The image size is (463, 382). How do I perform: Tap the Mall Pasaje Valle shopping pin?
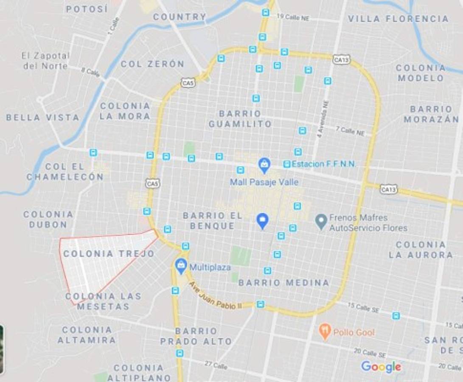click(x=264, y=165)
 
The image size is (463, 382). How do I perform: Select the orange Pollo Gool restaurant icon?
click(x=325, y=331)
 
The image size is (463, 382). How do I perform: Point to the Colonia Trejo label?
click(x=109, y=254)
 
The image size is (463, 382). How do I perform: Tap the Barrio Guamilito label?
click(x=240, y=119)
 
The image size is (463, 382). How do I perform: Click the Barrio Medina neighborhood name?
click(x=283, y=283)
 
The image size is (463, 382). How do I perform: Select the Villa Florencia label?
click(x=398, y=19)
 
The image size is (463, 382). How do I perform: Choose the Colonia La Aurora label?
click(x=421, y=250)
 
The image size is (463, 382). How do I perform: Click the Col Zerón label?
click(x=152, y=64)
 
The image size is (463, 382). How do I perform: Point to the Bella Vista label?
click(x=43, y=118)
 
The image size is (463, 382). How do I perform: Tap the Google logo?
click(x=381, y=366)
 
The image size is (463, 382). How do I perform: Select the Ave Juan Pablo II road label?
click(x=215, y=297)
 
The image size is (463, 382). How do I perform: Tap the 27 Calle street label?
click(x=216, y=365)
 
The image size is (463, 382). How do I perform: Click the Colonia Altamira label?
click(x=87, y=335)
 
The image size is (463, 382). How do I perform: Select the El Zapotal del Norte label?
click(x=45, y=61)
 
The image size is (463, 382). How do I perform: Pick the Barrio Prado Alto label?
click(x=196, y=336)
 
